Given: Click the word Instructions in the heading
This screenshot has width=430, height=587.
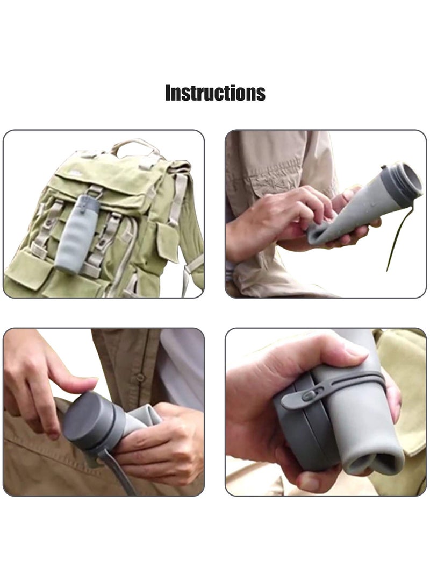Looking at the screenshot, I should tap(215, 93).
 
